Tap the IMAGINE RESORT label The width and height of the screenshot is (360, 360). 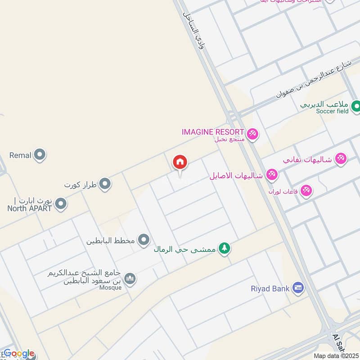[213, 132]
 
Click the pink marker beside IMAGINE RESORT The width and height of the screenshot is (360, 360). [252, 134]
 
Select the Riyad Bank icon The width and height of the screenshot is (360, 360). [297, 288]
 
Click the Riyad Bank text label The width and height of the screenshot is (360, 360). [270, 288]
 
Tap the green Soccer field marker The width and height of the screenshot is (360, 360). [356, 107]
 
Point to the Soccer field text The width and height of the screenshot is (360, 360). [332, 111]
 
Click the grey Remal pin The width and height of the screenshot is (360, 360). [40, 155]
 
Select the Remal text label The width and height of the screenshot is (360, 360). [20, 155]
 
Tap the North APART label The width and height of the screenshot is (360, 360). [30, 208]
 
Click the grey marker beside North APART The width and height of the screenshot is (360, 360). [61, 204]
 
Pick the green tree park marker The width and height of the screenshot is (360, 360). [224, 248]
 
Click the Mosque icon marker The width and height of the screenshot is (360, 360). [130, 279]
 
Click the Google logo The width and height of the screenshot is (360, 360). [19, 354]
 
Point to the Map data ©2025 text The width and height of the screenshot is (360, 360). [336, 355]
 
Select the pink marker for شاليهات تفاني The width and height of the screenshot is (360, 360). [341, 159]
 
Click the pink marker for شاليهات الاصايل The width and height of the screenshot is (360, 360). [271, 175]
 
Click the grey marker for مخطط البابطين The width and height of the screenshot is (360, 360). [144, 240]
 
